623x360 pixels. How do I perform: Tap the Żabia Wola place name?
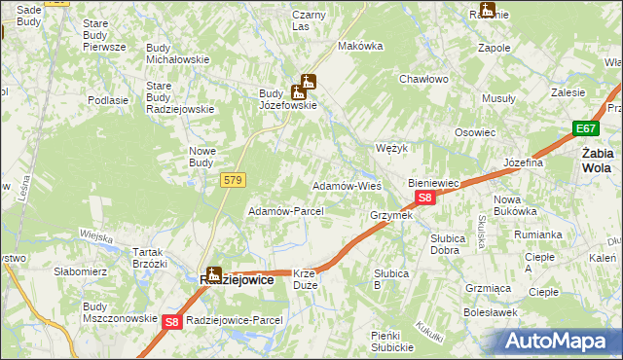[597, 160]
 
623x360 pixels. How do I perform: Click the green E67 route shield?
[585, 129]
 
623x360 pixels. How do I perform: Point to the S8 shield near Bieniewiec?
[424, 198]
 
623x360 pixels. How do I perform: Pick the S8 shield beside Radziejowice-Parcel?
[171, 321]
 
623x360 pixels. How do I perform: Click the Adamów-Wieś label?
[346, 185]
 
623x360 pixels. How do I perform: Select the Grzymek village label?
[391, 215]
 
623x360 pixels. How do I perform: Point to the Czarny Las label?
[310, 21]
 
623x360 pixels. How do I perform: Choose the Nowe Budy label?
[202, 157]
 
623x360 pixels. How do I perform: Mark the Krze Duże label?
[306, 280]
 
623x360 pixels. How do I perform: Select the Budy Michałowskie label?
[178, 54]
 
